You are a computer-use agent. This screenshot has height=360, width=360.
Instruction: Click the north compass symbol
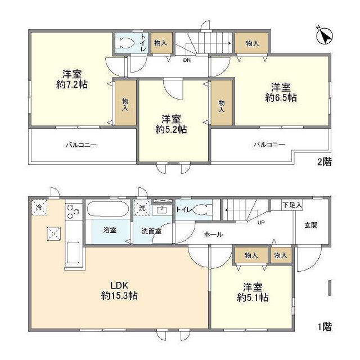[324, 36]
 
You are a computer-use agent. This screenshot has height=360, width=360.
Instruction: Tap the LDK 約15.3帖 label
[119, 290]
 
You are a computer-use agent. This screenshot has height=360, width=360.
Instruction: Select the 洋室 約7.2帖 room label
[72, 79]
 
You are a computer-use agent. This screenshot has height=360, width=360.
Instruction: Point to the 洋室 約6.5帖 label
[281, 92]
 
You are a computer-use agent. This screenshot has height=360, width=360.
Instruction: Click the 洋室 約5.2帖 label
[171, 124]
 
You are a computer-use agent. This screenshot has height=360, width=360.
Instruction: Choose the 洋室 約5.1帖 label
[253, 292]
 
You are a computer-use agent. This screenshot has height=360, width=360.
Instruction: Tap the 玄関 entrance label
[311, 225]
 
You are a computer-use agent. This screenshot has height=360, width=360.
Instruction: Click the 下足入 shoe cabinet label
[292, 205]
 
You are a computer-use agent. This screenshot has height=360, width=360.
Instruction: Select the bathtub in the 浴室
[108, 209]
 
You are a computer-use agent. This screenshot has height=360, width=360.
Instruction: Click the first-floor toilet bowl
[201, 210]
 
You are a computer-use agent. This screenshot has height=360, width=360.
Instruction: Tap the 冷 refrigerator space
[39, 208]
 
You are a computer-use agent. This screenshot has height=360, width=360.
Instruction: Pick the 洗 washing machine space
[142, 208]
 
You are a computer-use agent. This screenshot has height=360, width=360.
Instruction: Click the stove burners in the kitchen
[73, 211]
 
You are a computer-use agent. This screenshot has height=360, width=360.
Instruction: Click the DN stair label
[187, 60]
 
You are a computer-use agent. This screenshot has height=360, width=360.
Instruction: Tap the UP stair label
[261, 222]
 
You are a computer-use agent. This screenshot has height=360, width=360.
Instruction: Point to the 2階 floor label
[325, 162]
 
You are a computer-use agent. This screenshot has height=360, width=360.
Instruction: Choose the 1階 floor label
[325, 327]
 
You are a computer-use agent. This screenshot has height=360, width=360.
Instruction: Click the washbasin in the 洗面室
[162, 210]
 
